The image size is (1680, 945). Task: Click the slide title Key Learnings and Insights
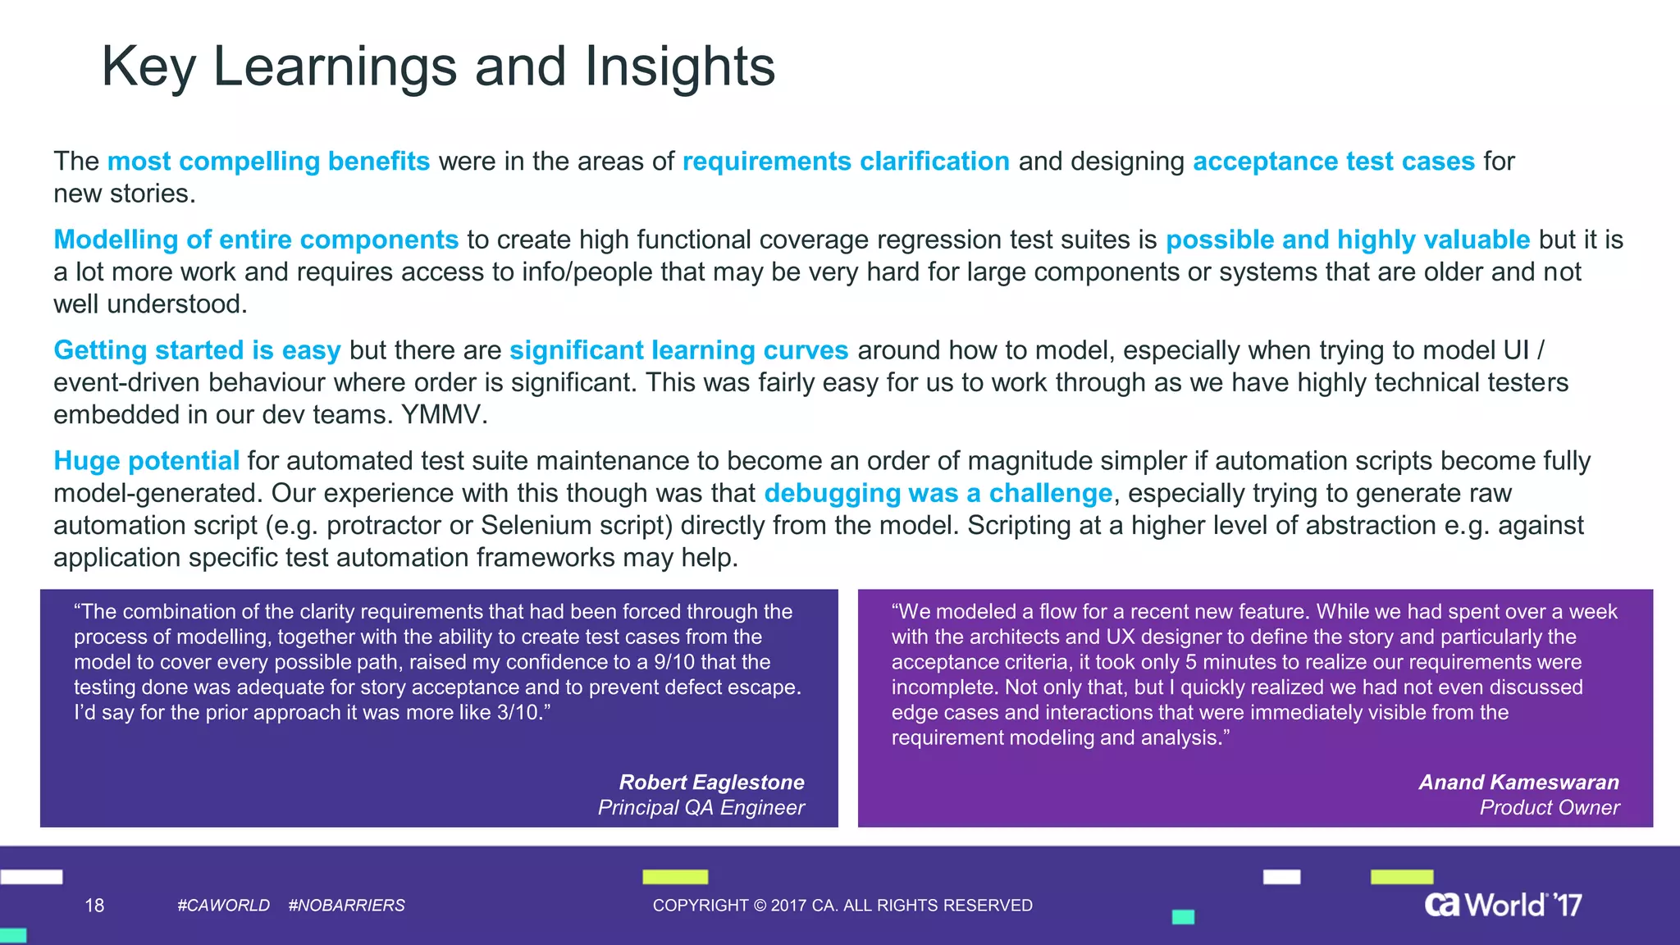coord(438,66)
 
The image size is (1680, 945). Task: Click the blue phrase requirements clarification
coord(846,162)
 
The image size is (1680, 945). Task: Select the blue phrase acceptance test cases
coord(1333,162)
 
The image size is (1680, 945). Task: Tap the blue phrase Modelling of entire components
coord(255,240)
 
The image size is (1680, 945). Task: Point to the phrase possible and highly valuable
coord(1347,240)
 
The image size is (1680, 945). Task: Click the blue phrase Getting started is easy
coord(197,350)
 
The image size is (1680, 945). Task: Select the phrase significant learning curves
coord(678,350)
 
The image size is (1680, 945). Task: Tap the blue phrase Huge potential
coord(146,461)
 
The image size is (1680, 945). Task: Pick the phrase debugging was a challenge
coord(938,493)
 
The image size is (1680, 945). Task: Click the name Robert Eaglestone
coord(711,782)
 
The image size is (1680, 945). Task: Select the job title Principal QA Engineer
coord(701,807)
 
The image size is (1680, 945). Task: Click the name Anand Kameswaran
coord(1518,782)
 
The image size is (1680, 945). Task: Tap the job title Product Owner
coord(1549,807)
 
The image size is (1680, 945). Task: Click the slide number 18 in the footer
coord(94,905)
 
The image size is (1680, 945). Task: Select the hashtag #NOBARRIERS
coord(346,905)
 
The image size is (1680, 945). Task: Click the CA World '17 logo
coord(1502,904)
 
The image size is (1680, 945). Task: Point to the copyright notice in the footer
coord(842,905)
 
